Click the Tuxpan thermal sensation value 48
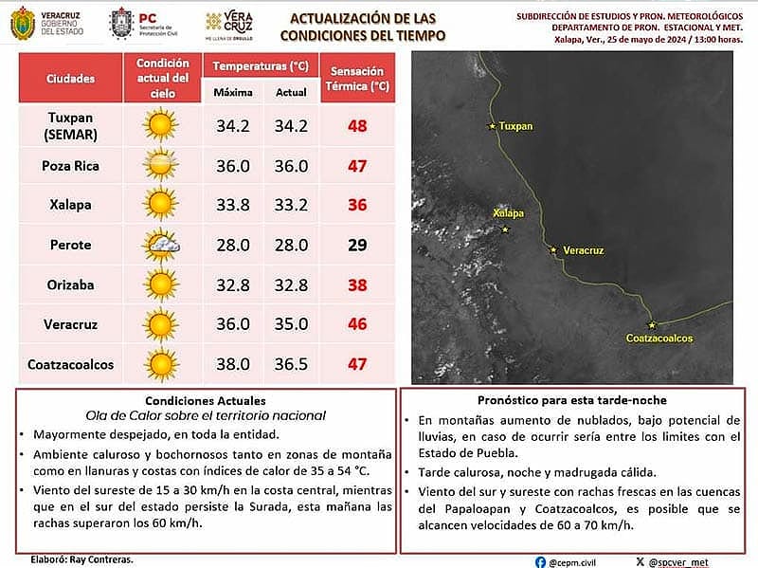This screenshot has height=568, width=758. pos(356,125)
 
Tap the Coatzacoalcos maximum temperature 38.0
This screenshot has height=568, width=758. pos(232,364)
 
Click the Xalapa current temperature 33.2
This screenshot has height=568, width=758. pos(291,205)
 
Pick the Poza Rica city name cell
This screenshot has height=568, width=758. pos(70,166)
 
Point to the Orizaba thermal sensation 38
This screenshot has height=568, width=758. pos(356,284)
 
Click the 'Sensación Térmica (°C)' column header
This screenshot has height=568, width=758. pos(356,78)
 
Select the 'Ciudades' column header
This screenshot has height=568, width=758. pos(70,78)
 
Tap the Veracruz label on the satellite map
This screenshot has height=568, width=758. pos(583,251)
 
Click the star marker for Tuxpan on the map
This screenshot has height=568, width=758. pos(491,126)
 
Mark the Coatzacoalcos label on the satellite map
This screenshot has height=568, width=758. pos(659,339)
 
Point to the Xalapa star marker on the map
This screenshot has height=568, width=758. pos(505,229)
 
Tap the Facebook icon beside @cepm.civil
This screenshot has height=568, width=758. pos(539,561)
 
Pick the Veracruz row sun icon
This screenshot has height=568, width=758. pos(161,324)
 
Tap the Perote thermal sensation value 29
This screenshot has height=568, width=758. pos(356,245)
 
